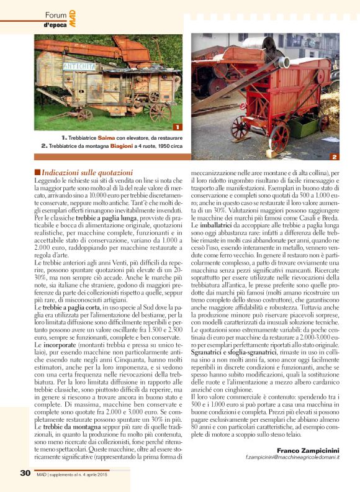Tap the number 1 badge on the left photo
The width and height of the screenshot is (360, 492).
click(178, 127)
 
